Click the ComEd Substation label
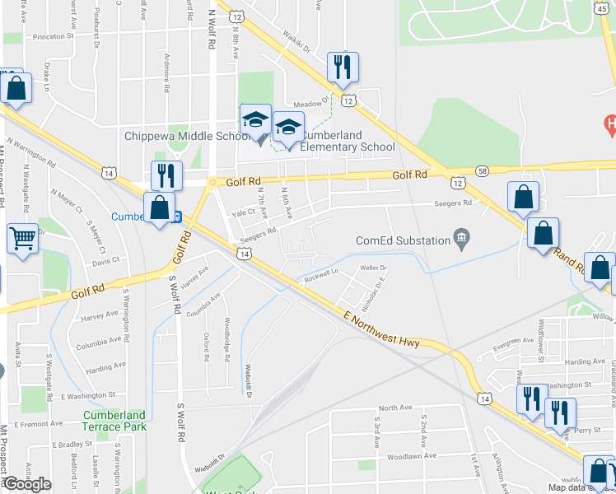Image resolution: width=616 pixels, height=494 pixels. (x=403, y=240)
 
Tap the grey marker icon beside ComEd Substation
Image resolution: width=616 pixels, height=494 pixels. (x=462, y=240)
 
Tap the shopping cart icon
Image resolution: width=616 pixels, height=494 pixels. (x=23, y=239)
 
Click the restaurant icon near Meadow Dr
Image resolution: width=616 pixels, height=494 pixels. (x=342, y=67)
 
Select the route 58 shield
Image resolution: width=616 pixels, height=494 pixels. (x=483, y=170)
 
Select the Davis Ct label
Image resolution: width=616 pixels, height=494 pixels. (x=106, y=260)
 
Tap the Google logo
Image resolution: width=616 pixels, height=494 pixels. (x=27, y=484)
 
